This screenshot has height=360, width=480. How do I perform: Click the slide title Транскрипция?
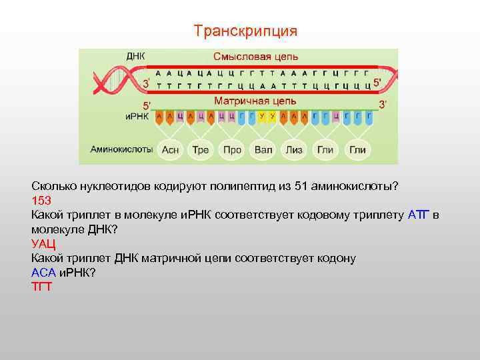click(245, 31)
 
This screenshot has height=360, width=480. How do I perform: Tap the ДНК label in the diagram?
click(136, 57)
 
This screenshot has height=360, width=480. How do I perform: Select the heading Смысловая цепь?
click(255, 57)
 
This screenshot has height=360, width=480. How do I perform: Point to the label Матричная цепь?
click(251, 101)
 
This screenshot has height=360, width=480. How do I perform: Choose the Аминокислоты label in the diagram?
click(122, 149)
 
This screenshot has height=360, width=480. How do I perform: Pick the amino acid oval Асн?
click(171, 150)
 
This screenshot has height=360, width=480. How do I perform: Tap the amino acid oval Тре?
click(201, 150)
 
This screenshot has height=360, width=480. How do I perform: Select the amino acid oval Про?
click(232, 150)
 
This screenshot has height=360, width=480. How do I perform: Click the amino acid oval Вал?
click(263, 150)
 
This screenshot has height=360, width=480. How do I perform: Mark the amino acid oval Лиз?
click(294, 150)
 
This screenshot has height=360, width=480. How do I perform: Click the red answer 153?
click(41, 200)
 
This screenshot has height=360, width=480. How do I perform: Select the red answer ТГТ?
click(41, 287)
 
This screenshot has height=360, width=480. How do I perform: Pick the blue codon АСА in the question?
click(44, 273)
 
